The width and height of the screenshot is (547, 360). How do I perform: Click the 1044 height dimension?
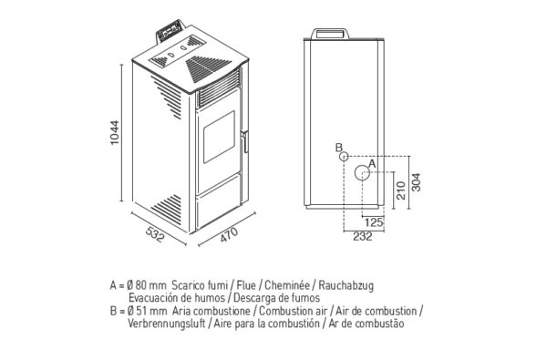(x=115, y=132)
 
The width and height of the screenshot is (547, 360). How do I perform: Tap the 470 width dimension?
(x=229, y=234)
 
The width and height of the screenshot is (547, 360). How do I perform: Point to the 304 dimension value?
(x=417, y=182)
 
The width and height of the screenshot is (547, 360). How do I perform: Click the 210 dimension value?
(x=401, y=190)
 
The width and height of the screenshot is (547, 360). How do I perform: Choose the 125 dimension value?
(x=374, y=222)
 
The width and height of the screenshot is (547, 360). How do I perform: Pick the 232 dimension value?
(x=363, y=236)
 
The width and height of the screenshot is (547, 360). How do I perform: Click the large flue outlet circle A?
(x=362, y=172)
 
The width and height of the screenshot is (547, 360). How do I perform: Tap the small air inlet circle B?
(x=344, y=156)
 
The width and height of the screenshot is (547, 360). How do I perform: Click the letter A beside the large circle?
(x=372, y=163)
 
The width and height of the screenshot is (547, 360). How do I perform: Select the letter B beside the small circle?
(x=339, y=148)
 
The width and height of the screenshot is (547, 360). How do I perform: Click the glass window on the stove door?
(x=219, y=137)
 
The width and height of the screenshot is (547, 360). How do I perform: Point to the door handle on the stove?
(x=245, y=141)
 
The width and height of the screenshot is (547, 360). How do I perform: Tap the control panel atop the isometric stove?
(x=170, y=31)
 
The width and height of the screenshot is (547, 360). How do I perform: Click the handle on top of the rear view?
(x=330, y=34)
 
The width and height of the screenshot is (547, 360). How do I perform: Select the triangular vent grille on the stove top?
(x=204, y=69)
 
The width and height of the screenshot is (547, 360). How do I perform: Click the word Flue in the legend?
(x=246, y=285)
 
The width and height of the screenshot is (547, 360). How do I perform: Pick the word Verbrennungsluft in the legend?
(x=167, y=324)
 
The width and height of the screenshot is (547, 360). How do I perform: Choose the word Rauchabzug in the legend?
(x=346, y=285)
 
